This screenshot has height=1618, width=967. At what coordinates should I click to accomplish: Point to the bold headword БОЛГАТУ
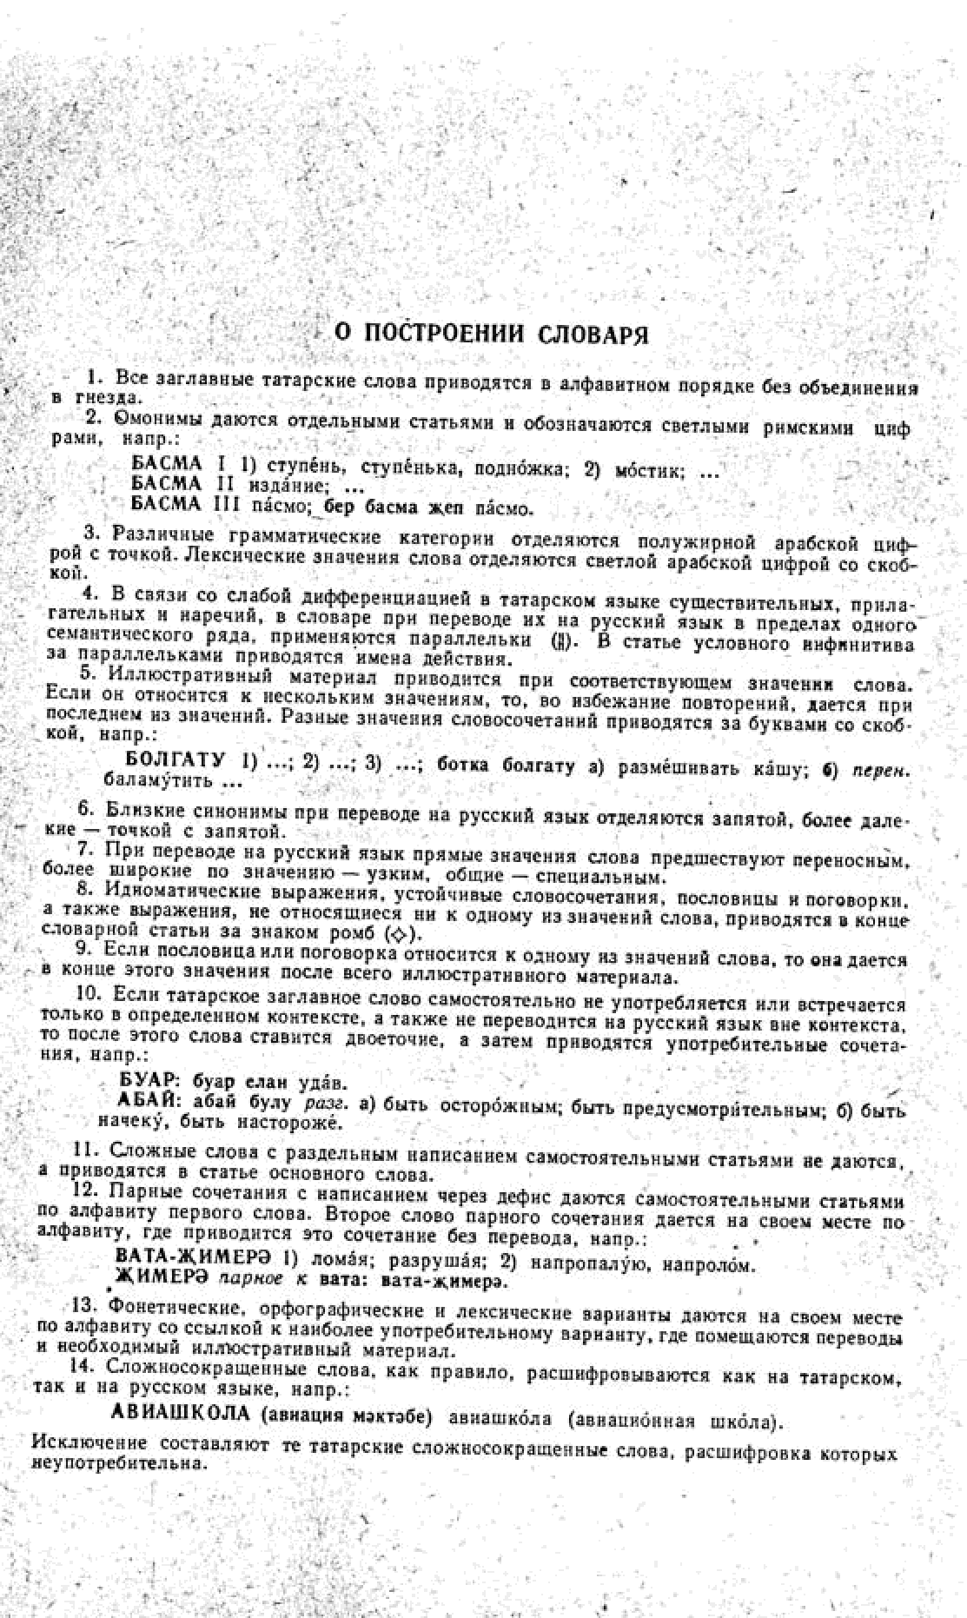[x=176, y=760]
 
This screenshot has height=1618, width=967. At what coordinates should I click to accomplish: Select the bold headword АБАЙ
[x=149, y=1101]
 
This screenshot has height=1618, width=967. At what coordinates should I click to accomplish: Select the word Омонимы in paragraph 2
[x=149, y=421]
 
